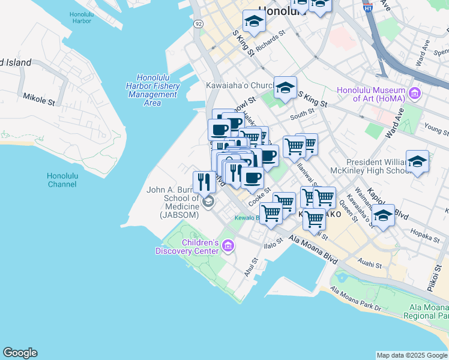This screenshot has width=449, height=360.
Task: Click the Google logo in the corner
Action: coord(20,353)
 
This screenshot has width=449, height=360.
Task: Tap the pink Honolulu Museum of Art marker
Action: coord(414,93)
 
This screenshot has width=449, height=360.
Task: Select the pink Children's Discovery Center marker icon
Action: coord(228,245)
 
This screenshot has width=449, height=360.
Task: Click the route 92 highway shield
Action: coord(198,23)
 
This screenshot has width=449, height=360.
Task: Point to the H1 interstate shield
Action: coord(368,8)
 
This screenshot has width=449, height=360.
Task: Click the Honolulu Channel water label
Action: coord(62,179)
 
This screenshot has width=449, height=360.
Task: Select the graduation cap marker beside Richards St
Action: coord(254,22)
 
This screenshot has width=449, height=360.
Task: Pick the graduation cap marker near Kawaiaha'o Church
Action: coord(285,88)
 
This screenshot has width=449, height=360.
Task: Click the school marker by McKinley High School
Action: coord(417,161)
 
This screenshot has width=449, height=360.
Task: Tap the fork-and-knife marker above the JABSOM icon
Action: coord(204,182)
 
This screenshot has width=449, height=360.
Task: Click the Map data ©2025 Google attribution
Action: coord(412,355)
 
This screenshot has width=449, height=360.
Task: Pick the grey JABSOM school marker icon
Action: coord(208,202)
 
